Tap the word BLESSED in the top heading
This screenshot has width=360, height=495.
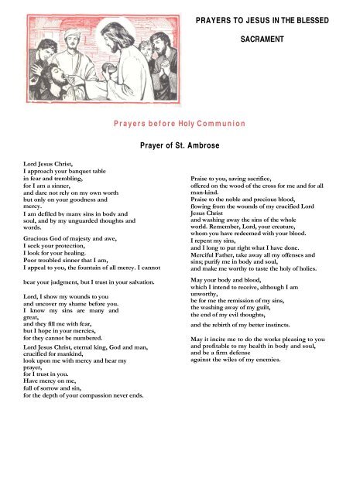coord(313,18)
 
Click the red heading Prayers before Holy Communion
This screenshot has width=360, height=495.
coord(179,123)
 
